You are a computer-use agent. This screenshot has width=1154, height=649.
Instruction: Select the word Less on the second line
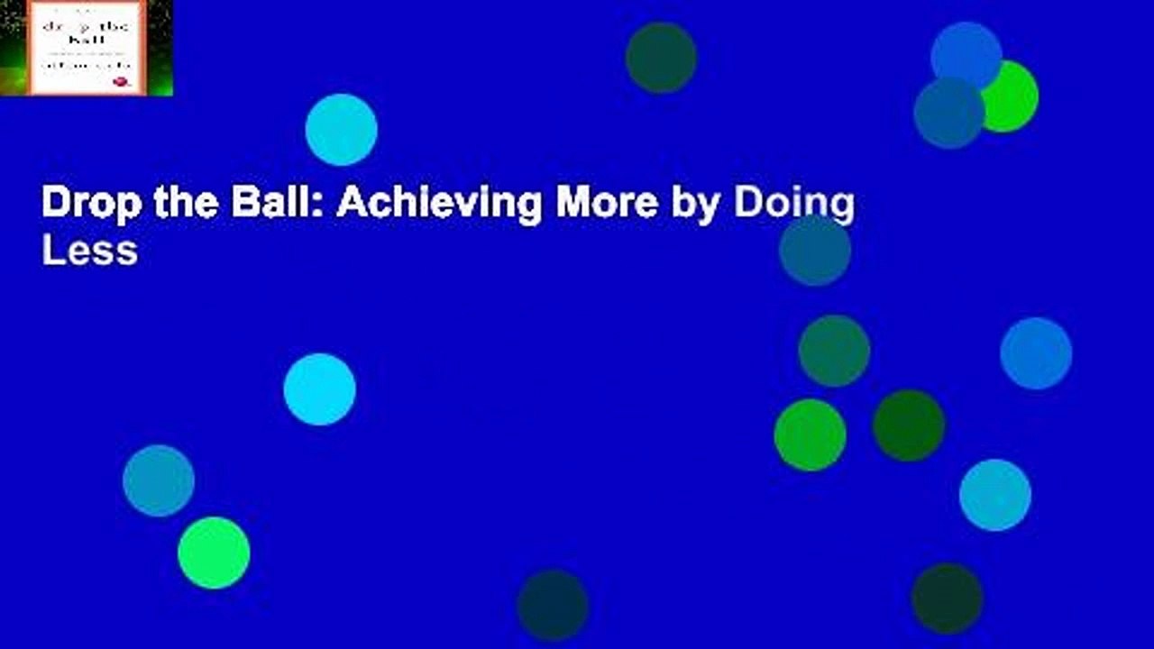(x=89, y=251)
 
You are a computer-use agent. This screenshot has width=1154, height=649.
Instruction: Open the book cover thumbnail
(x=87, y=48)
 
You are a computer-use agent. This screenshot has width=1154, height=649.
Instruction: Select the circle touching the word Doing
(x=815, y=251)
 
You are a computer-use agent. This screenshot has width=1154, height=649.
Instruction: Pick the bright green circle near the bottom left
(x=214, y=553)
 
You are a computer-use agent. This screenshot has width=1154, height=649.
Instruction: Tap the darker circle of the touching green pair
(x=909, y=425)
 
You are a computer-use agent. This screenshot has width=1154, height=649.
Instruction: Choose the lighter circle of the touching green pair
(x=810, y=435)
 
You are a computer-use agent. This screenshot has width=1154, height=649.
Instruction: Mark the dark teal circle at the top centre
(x=661, y=58)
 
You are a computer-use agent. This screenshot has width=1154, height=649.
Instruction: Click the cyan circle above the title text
(x=341, y=130)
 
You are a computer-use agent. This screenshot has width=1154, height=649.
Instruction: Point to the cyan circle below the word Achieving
(x=319, y=389)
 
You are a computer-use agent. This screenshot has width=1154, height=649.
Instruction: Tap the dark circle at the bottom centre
(x=553, y=605)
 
